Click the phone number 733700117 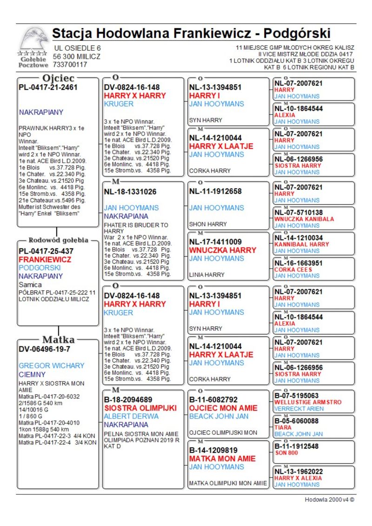click(70, 65)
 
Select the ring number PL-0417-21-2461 click(48, 87)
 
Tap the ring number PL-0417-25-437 click(46, 251)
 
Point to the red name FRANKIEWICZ click(45, 260)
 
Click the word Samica click(30, 285)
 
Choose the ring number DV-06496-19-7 click(44, 349)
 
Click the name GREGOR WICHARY click(52, 366)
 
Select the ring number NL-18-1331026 click(130, 191)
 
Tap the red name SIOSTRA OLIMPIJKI click(140, 408)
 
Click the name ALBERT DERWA click(131, 416)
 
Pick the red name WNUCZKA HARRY click(223, 250)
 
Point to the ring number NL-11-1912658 click(215, 191)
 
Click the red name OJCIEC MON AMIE click(223, 408)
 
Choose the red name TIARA click(283, 427)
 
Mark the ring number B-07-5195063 click(296, 396)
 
